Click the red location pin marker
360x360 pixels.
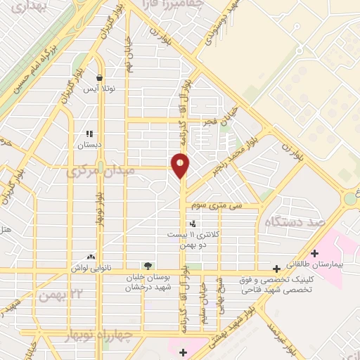pyautogui.click(x=181, y=165)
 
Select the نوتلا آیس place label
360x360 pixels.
pyautogui.click(x=100, y=89)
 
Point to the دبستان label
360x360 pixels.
pyautogui.click(x=89, y=144)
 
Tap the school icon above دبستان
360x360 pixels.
pyautogui.click(x=89, y=133)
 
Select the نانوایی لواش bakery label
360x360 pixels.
pyautogui.click(x=89, y=268)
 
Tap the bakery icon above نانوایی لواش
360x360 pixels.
pyautogui.click(x=89, y=257)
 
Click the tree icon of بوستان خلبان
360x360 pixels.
pyautogui.click(x=147, y=265)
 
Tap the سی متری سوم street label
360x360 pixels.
pyautogui.click(x=221, y=206)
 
